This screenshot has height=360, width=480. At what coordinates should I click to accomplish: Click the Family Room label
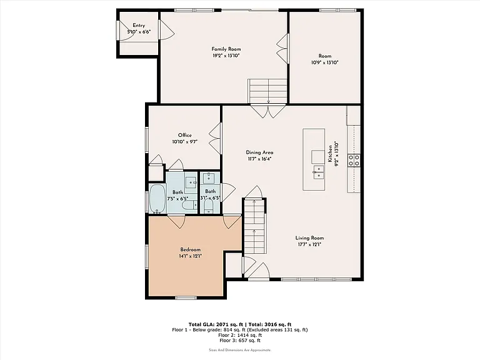(x=226, y=49)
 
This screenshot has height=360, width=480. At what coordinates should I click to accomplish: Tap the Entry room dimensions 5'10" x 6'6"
(x=139, y=31)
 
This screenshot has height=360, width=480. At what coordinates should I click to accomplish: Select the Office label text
(x=185, y=135)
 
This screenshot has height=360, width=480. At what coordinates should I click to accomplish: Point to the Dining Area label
(x=259, y=152)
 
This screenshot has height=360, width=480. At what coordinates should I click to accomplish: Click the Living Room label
(x=309, y=238)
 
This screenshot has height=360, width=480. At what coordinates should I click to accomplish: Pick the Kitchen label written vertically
(x=330, y=154)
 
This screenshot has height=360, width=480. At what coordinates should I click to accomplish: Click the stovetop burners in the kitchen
(x=354, y=160)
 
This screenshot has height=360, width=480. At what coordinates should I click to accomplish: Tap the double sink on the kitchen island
(x=319, y=172)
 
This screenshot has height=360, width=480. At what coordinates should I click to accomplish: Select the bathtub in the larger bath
(x=157, y=198)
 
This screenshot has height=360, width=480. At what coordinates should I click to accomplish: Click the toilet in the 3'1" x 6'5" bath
(x=209, y=206)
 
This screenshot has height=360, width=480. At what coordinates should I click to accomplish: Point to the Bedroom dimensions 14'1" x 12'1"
(x=191, y=256)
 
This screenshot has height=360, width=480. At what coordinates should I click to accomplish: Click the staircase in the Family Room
(x=267, y=91)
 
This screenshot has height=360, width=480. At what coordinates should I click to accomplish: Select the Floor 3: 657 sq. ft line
(x=240, y=341)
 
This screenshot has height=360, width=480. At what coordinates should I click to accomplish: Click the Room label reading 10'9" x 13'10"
(x=325, y=59)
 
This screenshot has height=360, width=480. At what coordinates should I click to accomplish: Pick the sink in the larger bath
(x=192, y=182)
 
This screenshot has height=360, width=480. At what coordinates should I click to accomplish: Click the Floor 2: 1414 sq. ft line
(x=240, y=335)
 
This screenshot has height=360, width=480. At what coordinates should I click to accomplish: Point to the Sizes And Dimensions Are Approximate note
(x=240, y=350)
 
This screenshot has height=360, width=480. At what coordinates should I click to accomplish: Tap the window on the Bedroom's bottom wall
(x=186, y=297)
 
